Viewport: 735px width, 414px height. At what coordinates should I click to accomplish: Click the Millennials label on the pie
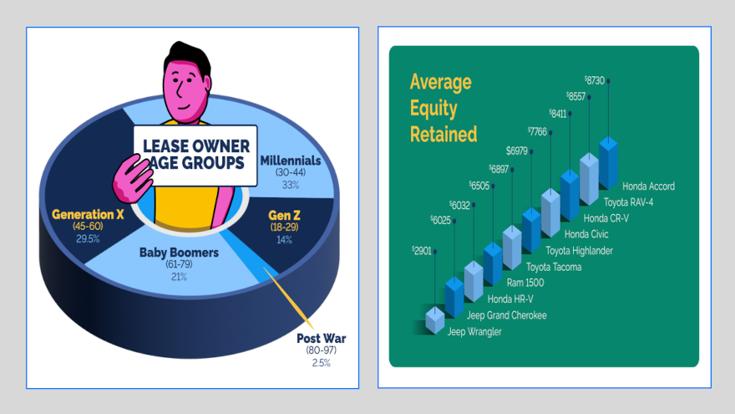click(291, 160)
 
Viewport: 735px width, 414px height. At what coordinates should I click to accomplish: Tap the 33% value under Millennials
click(290, 185)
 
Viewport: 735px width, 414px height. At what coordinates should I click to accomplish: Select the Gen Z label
click(285, 215)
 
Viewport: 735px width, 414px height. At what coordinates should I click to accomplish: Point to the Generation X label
click(88, 214)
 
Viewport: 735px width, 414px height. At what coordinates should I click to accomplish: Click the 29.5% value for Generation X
click(88, 238)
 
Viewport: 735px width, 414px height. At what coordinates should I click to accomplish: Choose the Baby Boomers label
click(179, 253)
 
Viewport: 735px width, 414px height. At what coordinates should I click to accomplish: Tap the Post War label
click(321, 339)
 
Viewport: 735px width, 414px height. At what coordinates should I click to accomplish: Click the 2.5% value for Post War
click(321, 363)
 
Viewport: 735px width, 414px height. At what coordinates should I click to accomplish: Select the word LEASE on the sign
click(169, 143)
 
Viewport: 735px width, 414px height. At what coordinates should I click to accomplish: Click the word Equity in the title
click(433, 108)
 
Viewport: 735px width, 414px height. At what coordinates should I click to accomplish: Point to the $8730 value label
click(595, 80)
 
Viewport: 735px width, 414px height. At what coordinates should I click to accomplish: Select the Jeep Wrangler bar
click(435, 319)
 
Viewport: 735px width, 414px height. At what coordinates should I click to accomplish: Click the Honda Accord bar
click(609, 162)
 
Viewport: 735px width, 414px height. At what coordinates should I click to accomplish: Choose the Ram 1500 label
click(526, 283)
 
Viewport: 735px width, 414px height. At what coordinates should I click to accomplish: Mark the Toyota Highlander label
click(579, 250)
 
